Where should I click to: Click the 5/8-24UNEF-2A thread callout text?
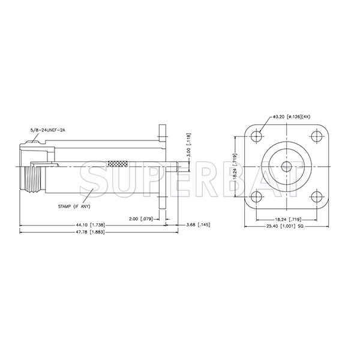click(47, 130)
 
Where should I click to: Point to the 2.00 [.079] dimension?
click(143, 218)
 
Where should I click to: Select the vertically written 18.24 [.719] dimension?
click(236, 166)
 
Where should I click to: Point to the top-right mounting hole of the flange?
click(316, 136)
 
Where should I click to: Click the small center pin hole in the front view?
click(286, 166)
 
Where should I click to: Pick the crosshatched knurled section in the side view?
click(119, 162)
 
